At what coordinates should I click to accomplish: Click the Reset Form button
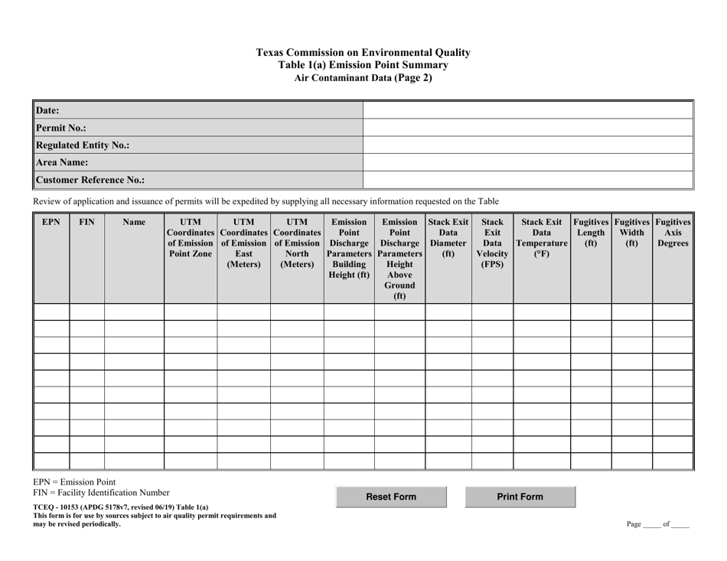tap(391, 497)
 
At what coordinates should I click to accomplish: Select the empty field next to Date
tap(527, 110)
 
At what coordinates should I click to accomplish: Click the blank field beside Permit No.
tap(527, 128)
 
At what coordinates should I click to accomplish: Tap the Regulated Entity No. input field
tap(527, 145)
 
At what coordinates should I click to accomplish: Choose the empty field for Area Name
tap(527, 162)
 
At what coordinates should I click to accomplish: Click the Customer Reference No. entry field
tap(527, 181)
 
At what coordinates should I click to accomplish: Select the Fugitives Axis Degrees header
tap(673, 233)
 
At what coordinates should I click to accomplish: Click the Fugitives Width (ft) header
tap(631, 233)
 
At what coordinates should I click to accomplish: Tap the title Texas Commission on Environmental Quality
tap(363, 53)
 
